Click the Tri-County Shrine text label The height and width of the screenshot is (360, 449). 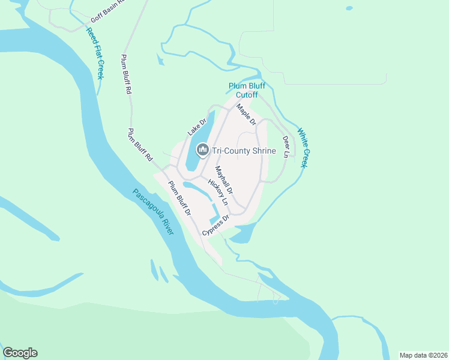pyautogui.click(x=244, y=151)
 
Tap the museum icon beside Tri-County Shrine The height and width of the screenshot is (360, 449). pyautogui.click(x=203, y=150)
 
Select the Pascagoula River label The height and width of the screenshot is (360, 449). pyautogui.click(x=153, y=212)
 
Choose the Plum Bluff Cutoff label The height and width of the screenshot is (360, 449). pyautogui.click(x=247, y=91)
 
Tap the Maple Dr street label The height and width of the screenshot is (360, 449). pyautogui.click(x=246, y=115)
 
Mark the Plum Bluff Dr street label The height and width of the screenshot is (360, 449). pyautogui.click(x=179, y=198)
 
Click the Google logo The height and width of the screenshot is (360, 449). pyautogui.click(x=20, y=353)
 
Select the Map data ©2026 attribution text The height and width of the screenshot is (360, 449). pyautogui.click(x=423, y=355)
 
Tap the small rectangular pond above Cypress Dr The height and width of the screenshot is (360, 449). pyautogui.click(x=214, y=211)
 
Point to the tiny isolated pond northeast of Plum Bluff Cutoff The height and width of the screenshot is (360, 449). pyautogui.click(x=349, y=8)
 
